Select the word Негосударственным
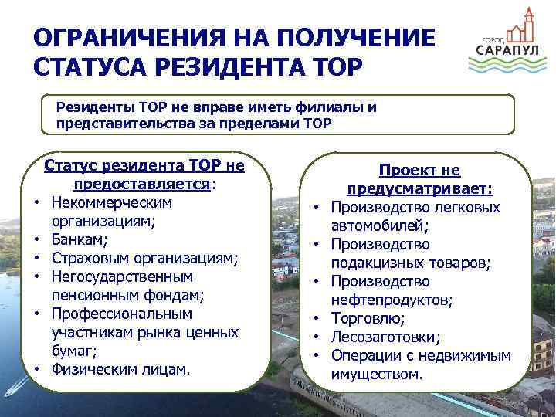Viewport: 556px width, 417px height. click(122, 276)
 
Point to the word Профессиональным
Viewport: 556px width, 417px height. click(122, 314)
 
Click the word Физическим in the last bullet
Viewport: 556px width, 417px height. click(90, 369)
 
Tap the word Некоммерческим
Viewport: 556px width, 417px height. click(112, 202)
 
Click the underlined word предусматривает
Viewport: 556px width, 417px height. click(420, 189)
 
